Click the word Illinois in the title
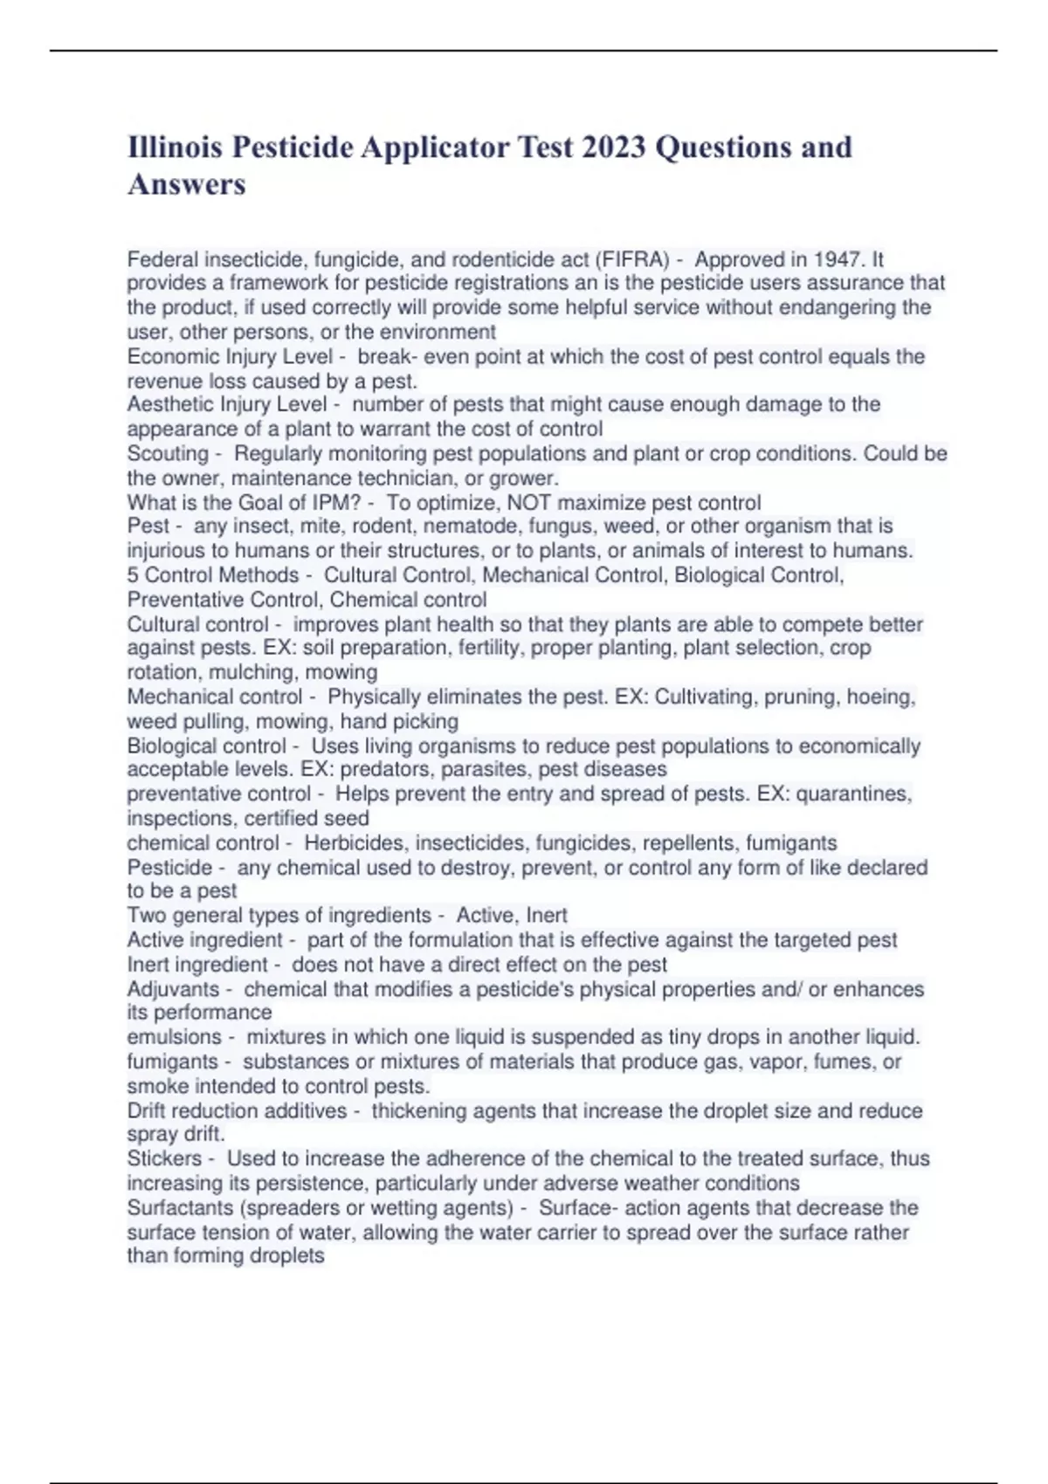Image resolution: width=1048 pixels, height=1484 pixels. tap(175, 147)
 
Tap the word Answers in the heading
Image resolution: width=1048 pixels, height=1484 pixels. tap(187, 184)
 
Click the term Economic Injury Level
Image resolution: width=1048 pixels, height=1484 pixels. tap(230, 356)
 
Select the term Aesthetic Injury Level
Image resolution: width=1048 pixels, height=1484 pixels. tap(227, 404)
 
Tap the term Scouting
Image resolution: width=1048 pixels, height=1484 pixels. tap(168, 453)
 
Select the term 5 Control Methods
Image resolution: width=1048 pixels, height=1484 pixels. tap(213, 574)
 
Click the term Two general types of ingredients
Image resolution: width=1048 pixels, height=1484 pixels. tap(279, 915)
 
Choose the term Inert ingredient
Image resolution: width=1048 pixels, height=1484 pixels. tap(197, 964)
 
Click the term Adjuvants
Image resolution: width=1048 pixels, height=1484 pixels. tap(173, 989)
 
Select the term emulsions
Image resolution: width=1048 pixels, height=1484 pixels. tap(174, 1036)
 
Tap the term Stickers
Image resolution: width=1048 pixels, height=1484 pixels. tap(164, 1158)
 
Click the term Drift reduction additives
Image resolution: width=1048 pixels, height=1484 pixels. tap(237, 1110)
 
